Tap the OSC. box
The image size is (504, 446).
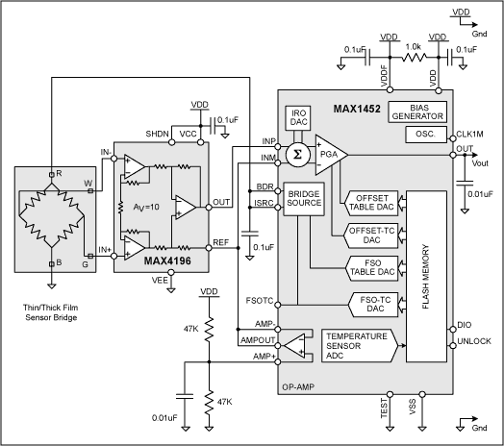point(424,136)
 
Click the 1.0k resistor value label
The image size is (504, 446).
point(413,45)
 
